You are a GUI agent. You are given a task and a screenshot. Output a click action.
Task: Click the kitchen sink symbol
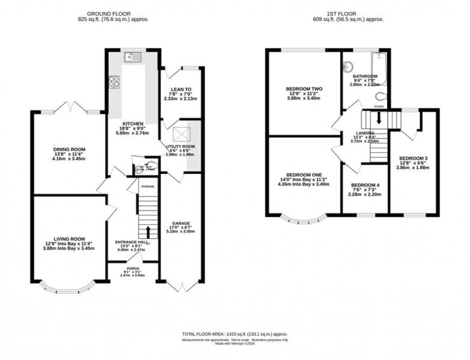pyautogui.click(x=132, y=58)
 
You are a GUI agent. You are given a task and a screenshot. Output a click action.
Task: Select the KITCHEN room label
pyautogui.click(x=119, y=124)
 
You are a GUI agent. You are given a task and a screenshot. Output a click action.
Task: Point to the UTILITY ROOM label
pyautogui.click(x=180, y=146)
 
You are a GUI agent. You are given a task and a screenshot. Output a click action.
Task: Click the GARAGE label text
pyautogui.click(x=182, y=223)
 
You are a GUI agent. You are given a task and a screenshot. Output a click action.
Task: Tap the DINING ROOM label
pyautogui.click(x=66, y=150)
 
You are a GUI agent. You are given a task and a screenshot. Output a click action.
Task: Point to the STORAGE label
pyautogui.click(x=148, y=186)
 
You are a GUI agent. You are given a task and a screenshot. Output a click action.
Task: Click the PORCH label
pyautogui.click(x=133, y=268)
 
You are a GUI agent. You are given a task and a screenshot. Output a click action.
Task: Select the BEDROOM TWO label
pyautogui.click(x=304, y=89)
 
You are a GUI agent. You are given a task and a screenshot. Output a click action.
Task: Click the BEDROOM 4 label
pyautogui.click(x=364, y=186)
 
